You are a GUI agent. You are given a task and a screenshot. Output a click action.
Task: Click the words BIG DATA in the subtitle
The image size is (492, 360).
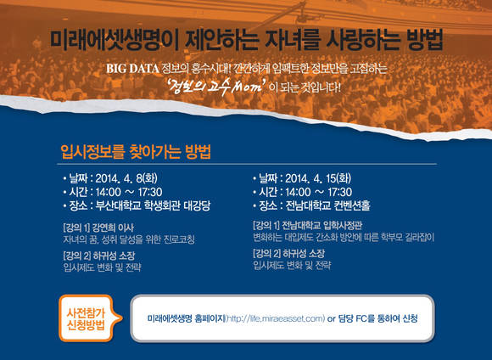[x=132, y=69]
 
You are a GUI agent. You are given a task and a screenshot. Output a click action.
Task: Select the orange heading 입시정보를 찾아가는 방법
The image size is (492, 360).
[x=136, y=152]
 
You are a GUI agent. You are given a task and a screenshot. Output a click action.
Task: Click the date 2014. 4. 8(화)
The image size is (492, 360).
[x=126, y=178]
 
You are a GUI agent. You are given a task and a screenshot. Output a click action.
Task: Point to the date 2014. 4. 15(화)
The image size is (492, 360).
[x=318, y=178]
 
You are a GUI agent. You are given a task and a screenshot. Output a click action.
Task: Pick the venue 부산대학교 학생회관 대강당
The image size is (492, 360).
[x=153, y=205]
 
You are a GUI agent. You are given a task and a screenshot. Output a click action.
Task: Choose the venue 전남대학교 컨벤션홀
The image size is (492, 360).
[x=327, y=205]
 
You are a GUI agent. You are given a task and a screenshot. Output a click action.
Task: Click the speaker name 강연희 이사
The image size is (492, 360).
[x=113, y=228]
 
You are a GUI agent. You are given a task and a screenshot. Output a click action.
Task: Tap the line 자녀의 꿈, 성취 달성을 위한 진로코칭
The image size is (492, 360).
[x=129, y=239]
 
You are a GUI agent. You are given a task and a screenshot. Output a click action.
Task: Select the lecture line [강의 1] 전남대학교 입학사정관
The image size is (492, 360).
[x=307, y=225]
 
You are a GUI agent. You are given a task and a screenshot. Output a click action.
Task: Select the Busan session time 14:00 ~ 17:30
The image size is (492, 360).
[x=129, y=192]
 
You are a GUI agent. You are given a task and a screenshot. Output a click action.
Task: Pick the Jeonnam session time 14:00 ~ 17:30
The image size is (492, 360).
[x=318, y=192]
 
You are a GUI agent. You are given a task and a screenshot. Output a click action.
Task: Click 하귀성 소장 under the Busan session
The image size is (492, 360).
[x=114, y=256]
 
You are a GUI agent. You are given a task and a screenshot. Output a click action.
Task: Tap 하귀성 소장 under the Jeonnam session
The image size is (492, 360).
[x=304, y=254]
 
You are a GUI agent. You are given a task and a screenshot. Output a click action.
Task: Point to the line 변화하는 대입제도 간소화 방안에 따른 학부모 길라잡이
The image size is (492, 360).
[x=344, y=237]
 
